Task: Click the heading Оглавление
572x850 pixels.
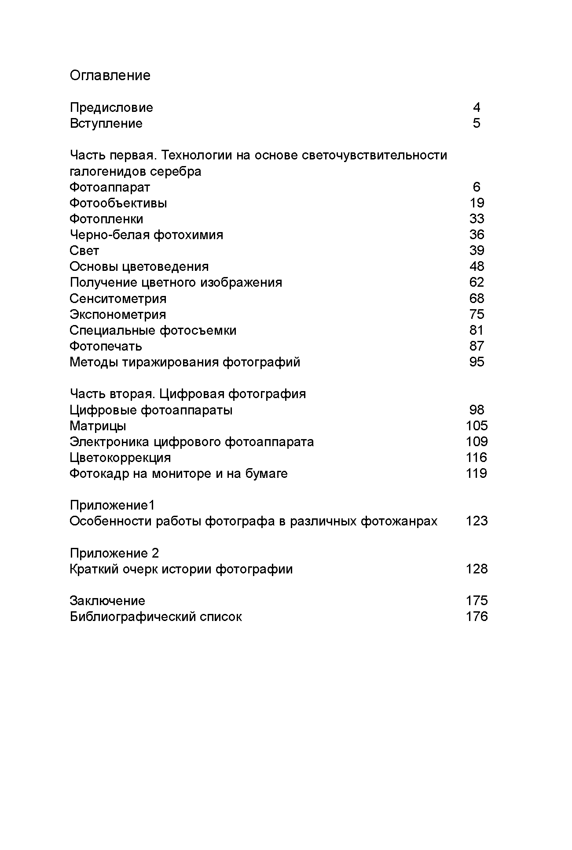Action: click(x=110, y=75)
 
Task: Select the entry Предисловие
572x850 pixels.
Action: click(x=111, y=107)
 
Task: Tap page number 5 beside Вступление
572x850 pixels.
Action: click(x=477, y=123)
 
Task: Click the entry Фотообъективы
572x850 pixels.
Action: click(x=118, y=203)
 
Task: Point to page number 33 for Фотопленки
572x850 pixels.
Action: click(x=477, y=219)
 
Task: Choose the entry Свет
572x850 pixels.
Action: click(x=84, y=251)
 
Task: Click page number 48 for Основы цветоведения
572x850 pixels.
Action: click(x=477, y=266)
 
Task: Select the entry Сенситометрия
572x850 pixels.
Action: click(x=118, y=299)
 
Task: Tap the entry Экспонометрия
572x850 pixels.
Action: click(x=118, y=314)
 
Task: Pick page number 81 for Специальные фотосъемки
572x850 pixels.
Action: click(x=477, y=330)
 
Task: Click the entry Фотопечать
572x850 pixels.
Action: click(x=106, y=346)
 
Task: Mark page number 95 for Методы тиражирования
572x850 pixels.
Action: click(x=477, y=362)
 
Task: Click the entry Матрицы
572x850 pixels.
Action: click(x=98, y=426)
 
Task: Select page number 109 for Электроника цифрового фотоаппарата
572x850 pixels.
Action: click(x=477, y=442)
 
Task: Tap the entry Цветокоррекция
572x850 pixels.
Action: click(x=120, y=458)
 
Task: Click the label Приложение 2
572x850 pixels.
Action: click(x=114, y=553)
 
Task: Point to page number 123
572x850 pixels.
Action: click(x=477, y=521)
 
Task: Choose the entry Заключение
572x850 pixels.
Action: click(x=107, y=601)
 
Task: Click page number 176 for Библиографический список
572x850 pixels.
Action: click(x=477, y=617)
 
